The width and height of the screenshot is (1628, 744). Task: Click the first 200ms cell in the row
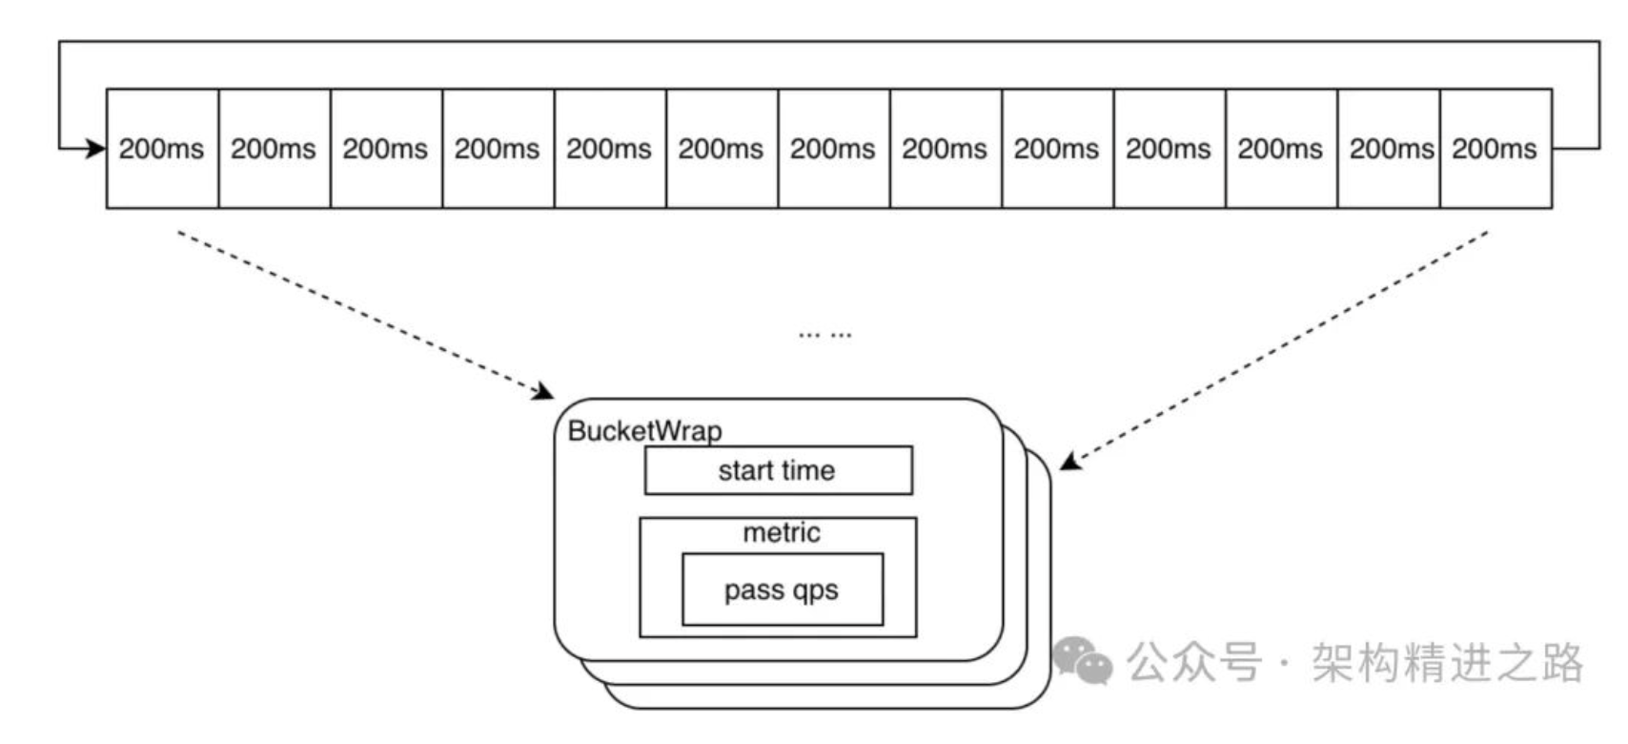pos(162,149)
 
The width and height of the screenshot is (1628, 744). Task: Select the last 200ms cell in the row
pos(1495,149)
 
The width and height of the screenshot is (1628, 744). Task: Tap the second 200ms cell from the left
pos(274,149)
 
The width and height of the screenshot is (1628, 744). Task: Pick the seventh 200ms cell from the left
pos(833,149)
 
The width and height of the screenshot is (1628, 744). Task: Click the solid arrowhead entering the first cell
pos(96,149)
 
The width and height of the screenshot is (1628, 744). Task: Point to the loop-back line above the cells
pos(829,41)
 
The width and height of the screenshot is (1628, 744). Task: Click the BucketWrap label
pos(644,431)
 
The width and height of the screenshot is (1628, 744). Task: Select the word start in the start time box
pos(746,470)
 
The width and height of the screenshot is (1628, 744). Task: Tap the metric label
pos(782,532)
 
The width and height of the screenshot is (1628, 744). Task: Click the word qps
pos(814,591)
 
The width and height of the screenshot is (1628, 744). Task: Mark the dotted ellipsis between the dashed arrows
pos(825,335)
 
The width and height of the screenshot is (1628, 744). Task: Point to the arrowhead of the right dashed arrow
pos(1069,463)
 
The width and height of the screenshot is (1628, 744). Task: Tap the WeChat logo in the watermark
pos(1083,660)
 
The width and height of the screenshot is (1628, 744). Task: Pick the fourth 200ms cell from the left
pos(497,149)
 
